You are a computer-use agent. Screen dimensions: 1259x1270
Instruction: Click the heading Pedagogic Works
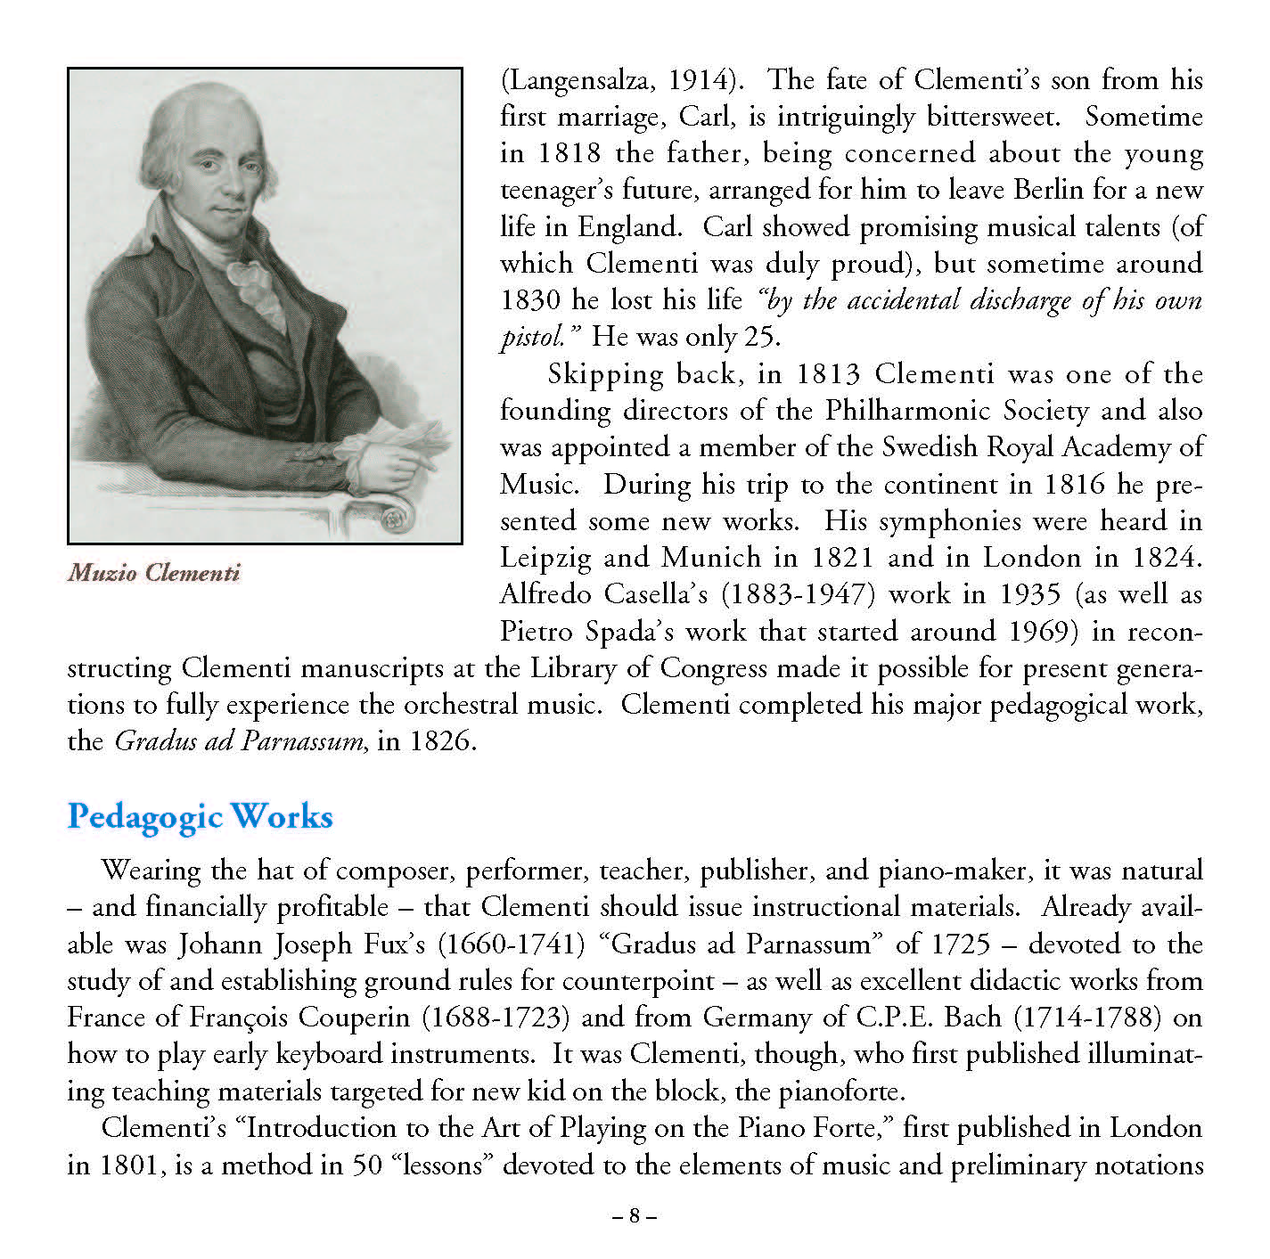[200, 816]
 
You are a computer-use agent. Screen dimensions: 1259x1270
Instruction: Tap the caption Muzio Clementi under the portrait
[154, 572]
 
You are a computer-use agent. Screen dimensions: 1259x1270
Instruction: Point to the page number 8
[635, 1215]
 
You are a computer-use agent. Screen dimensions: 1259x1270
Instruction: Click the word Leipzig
[545, 559]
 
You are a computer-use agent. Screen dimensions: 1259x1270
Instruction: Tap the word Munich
[711, 558]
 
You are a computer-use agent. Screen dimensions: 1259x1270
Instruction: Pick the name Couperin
[354, 1018]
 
